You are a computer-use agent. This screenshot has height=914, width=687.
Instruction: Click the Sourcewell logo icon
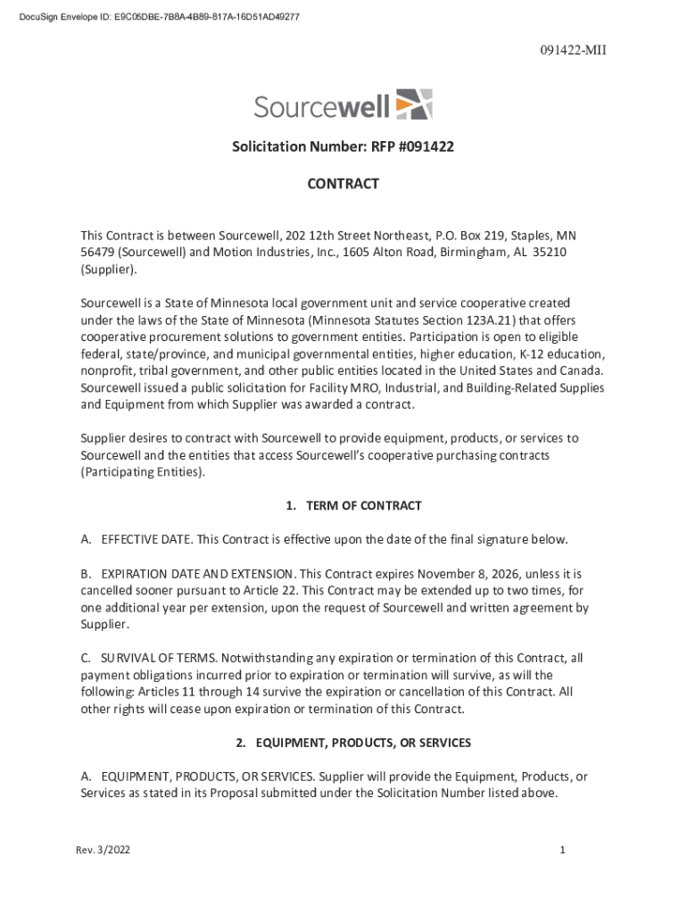click(x=413, y=104)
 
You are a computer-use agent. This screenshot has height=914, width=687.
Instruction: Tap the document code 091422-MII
click(x=573, y=50)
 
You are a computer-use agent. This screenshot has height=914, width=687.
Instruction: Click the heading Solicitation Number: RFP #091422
click(x=343, y=145)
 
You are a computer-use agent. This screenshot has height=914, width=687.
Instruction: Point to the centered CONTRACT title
click(x=343, y=184)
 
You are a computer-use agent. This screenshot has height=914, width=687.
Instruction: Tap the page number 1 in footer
click(x=563, y=851)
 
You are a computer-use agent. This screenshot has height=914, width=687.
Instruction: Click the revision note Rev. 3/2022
click(x=103, y=851)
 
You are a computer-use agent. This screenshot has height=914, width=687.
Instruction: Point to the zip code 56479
click(x=99, y=253)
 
